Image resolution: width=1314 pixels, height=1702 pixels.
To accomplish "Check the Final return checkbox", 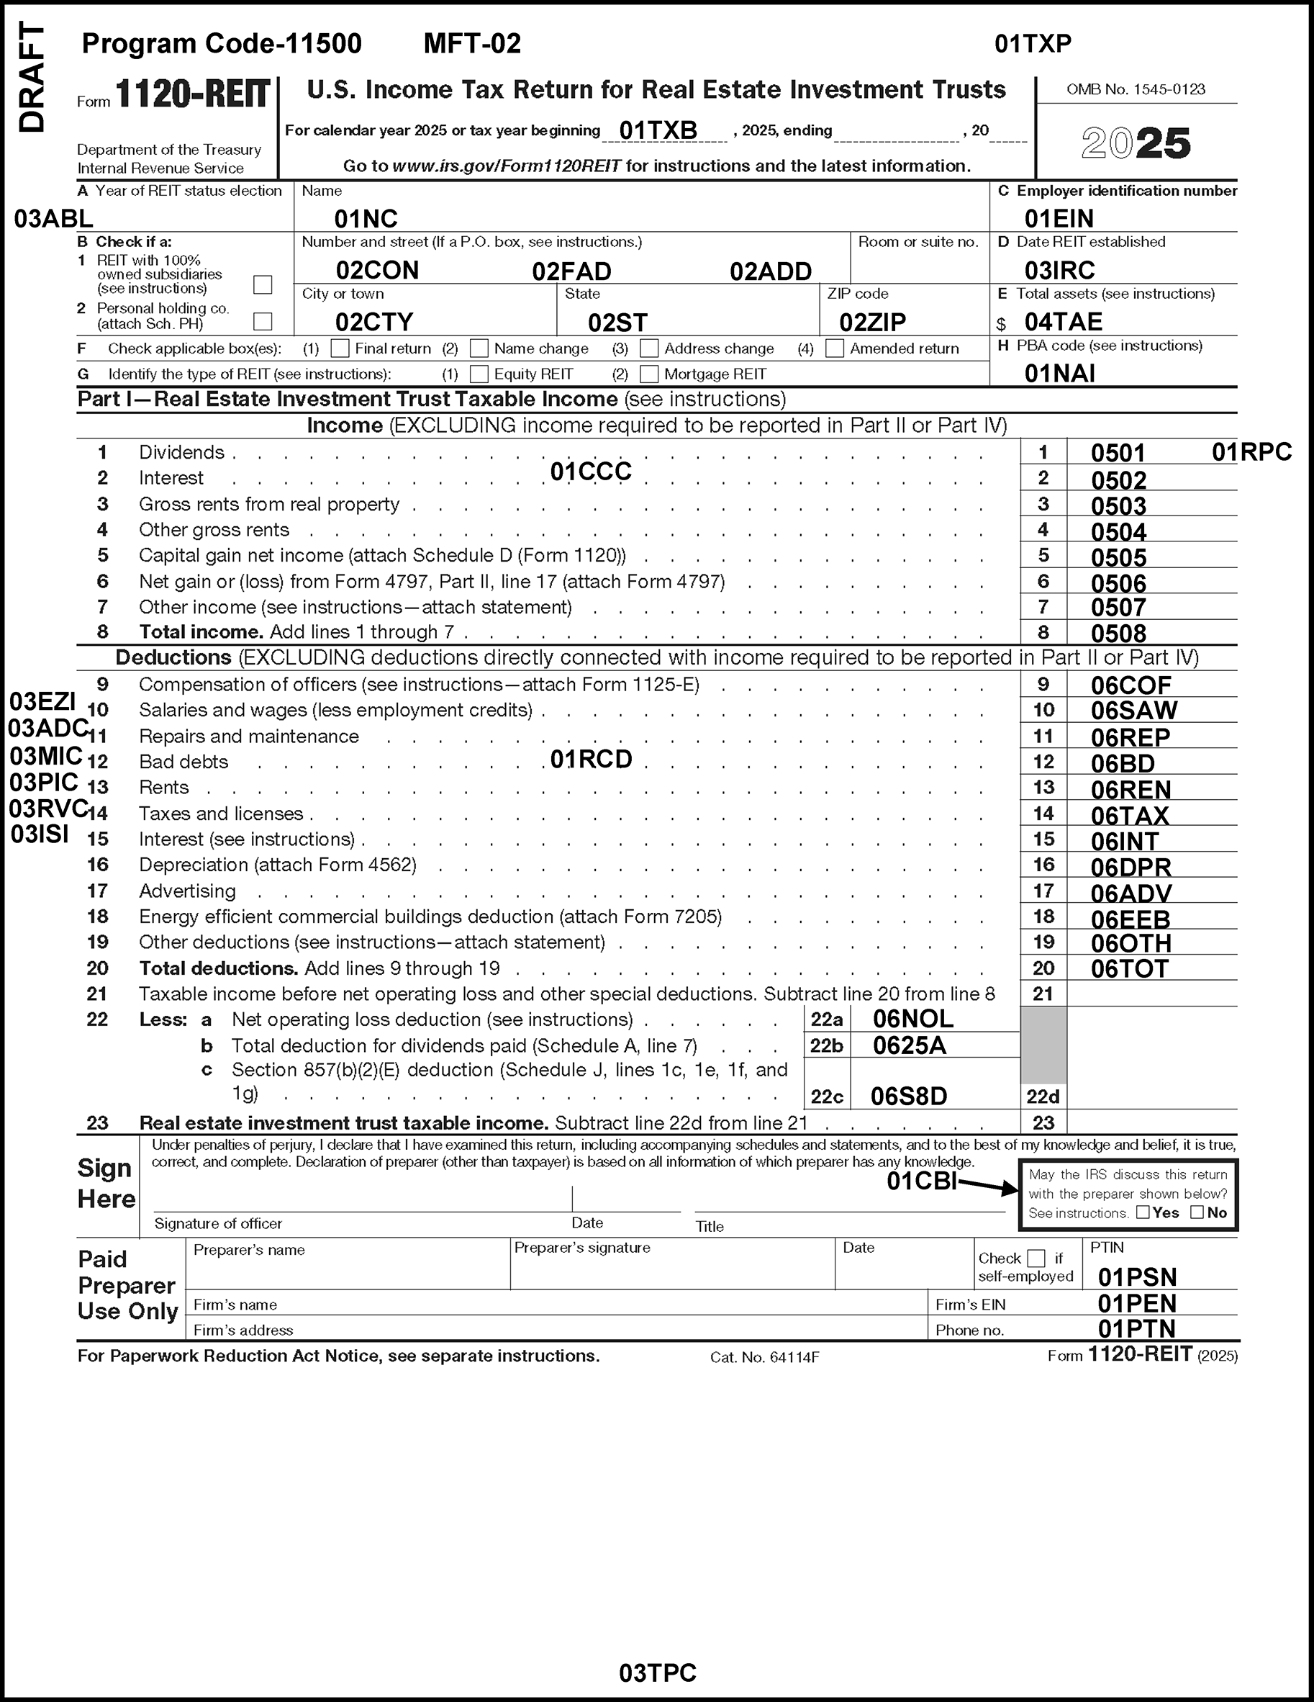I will click(340, 348).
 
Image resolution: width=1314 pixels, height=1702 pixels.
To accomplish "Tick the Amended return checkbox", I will click(834, 348).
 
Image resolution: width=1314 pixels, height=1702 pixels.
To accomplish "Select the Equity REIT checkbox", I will click(479, 374).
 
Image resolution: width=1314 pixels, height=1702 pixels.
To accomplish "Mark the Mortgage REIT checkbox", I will click(649, 374).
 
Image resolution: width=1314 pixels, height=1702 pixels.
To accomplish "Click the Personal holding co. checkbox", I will click(263, 321).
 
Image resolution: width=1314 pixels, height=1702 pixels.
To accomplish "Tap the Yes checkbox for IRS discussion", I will click(1143, 1212).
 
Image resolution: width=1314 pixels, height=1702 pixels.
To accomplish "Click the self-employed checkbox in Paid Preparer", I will click(1036, 1258).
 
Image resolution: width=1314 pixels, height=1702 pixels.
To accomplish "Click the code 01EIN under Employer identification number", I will click(1059, 218).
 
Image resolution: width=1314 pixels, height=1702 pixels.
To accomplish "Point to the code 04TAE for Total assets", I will click(1063, 322).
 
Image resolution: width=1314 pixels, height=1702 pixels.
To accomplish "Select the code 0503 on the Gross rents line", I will click(1118, 505).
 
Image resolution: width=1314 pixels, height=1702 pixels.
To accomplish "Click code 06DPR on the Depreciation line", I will click(1131, 867).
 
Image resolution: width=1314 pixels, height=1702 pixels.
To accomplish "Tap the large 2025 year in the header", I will click(1136, 143).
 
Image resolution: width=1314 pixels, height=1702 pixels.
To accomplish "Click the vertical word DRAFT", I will click(32, 78).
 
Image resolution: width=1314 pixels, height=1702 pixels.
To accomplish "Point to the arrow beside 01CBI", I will click(989, 1186).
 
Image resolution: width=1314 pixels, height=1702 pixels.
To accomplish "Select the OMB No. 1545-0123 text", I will click(1136, 89).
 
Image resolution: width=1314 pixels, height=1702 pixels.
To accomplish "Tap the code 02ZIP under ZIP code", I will click(872, 322).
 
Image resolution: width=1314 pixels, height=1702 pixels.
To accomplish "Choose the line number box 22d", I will click(1043, 1097).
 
